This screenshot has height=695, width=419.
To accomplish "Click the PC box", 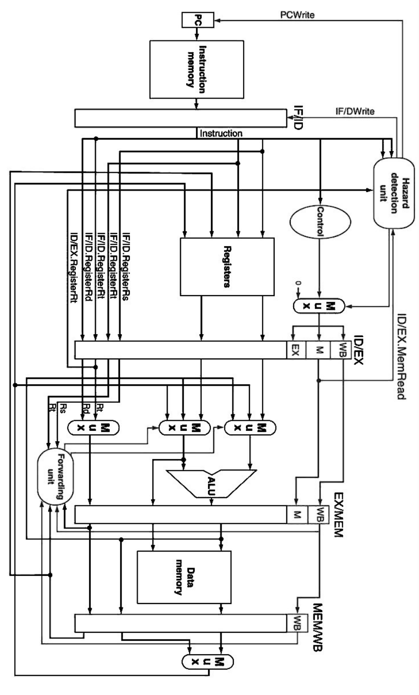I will tap(197, 20).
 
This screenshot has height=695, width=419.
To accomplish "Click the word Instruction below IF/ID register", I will tap(222, 132).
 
